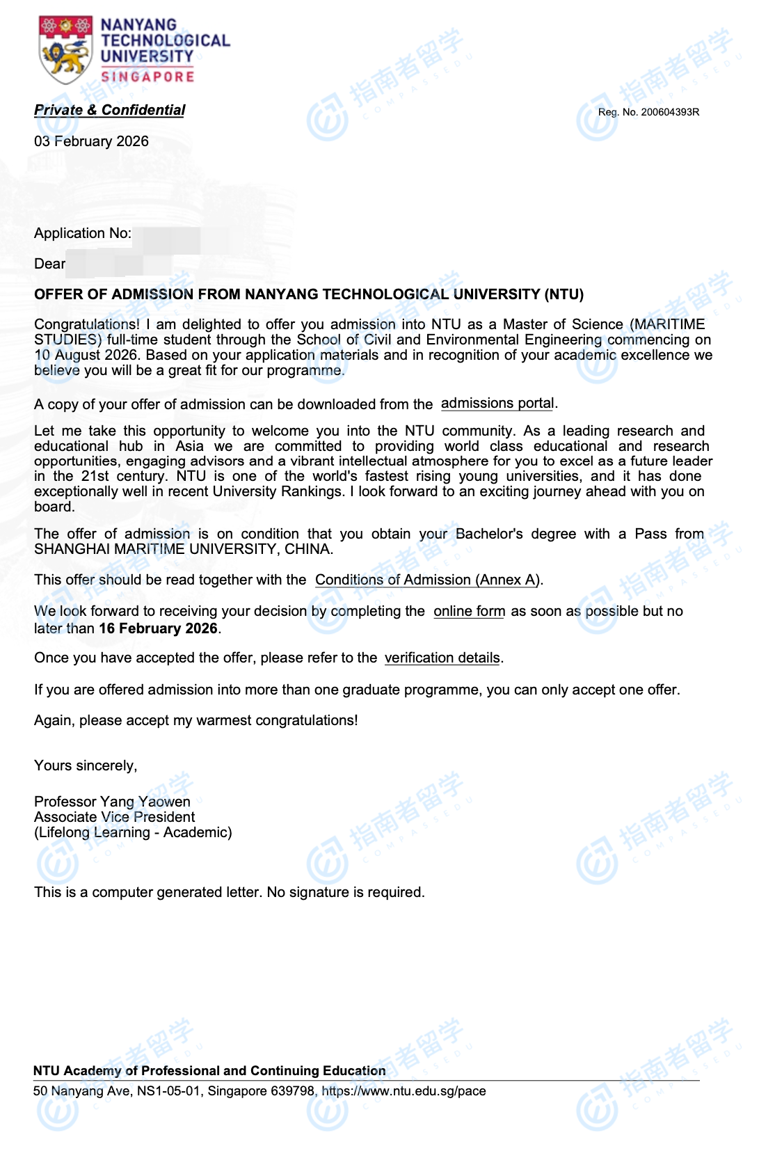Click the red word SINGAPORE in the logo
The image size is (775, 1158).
[x=147, y=77]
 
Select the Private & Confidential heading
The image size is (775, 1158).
[x=109, y=110]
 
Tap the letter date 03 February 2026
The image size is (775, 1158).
[x=91, y=141]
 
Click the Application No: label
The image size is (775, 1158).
[x=82, y=233]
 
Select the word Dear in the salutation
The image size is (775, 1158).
[x=49, y=264]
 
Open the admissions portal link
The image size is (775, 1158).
[x=497, y=404]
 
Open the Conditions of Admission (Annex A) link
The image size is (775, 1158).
[x=428, y=580]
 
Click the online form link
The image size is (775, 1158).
[x=469, y=611]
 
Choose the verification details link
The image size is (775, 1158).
[x=442, y=658]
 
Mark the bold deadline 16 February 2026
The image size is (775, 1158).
[x=158, y=628]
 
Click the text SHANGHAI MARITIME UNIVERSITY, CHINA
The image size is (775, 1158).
[x=183, y=549]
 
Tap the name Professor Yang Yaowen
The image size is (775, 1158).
[x=112, y=802]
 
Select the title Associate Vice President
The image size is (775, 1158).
[x=114, y=817]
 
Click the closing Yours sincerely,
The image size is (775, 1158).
[x=86, y=766]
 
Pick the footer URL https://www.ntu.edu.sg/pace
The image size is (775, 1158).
[x=404, y=1091]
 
